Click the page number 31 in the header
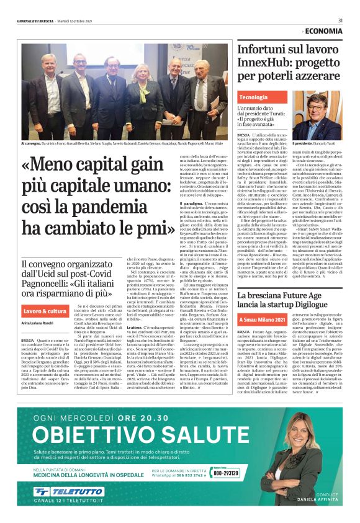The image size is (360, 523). tap(341, 20)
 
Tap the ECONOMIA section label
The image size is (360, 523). tap(323, 30)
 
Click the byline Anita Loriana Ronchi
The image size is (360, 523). tap(39, 323)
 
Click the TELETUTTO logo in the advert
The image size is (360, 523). tap(70, 491)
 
